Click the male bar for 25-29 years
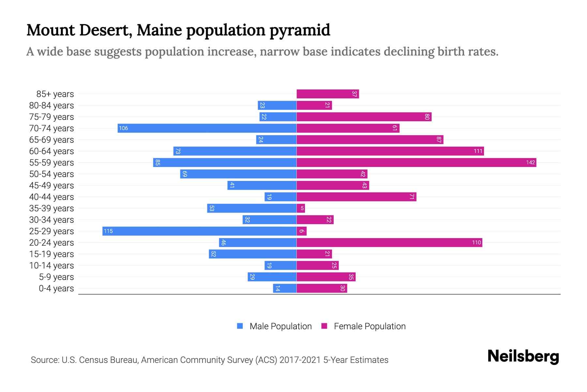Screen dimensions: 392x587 coord(199,231)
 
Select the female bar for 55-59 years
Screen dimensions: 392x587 coord(416,163)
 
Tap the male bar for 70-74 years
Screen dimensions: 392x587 coord(207,128)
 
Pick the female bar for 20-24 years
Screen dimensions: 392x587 coord(389,243)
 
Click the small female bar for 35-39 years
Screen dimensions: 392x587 coord(301,208)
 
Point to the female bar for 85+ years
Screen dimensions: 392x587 coord(327,94)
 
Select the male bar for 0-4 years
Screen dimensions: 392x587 coord(285,288)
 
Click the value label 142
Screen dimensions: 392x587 coord(530,163)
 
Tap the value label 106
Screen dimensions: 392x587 coord(123,128)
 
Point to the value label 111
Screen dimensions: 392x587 coord(478,151)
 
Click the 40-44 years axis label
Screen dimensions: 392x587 coord(52,197)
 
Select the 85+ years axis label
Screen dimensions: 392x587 coord(55,94)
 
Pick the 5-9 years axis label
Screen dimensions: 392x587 coord(56,277)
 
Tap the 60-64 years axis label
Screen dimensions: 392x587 coord(52,151)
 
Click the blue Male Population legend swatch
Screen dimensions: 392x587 coord(240,326)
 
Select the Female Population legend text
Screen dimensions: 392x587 coord(369,326)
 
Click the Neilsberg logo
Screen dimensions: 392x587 coord(523,356)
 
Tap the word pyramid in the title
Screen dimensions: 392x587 coord(300,30)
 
